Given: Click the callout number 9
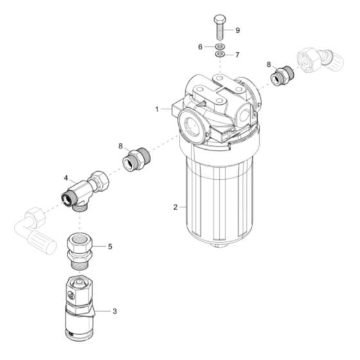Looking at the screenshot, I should pyautogui.click(x=237, y=30).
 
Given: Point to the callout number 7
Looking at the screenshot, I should pyautogui.click(x=237, y=55).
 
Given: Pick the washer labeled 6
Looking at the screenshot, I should pyautogui.click(x=219, y=47).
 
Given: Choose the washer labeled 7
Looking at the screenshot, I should pyautogui.click(x=219, y=55).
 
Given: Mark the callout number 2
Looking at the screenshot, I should pyautogui.click(x=174, y=207).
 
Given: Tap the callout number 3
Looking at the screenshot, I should pyautogui.click(x=114, y=312).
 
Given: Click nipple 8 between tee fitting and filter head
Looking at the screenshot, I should pyautogui.click(x=139, y=158).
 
